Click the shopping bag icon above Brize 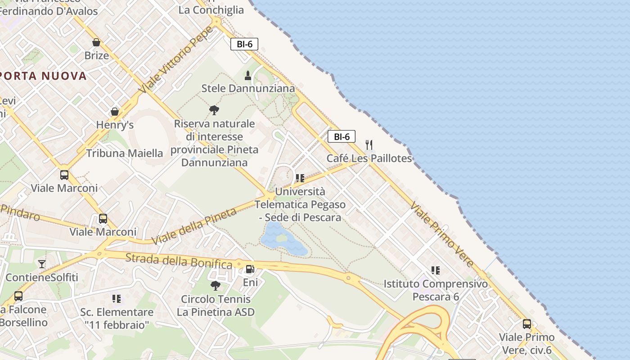pos(96,42)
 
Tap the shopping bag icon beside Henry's pos(115,111)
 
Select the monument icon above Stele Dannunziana pos(247,75)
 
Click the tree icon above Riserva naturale pos(214,110)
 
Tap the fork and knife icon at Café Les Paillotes pos(369,144)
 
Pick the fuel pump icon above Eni pos(250,269)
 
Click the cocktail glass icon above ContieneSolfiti pos(42,264)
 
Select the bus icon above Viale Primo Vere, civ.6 pos(527,324)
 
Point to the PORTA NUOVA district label pos(44,76)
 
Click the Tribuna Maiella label pos(124,153)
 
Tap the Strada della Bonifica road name pos(179,261)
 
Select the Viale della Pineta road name pos(194,226)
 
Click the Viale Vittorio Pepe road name pos(176,60)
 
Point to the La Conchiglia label pos(211,9)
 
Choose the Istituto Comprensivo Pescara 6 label pos(435,290)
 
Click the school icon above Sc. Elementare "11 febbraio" pos(117,298)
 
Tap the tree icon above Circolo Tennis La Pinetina pos(216,285)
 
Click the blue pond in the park pos(281,238)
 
